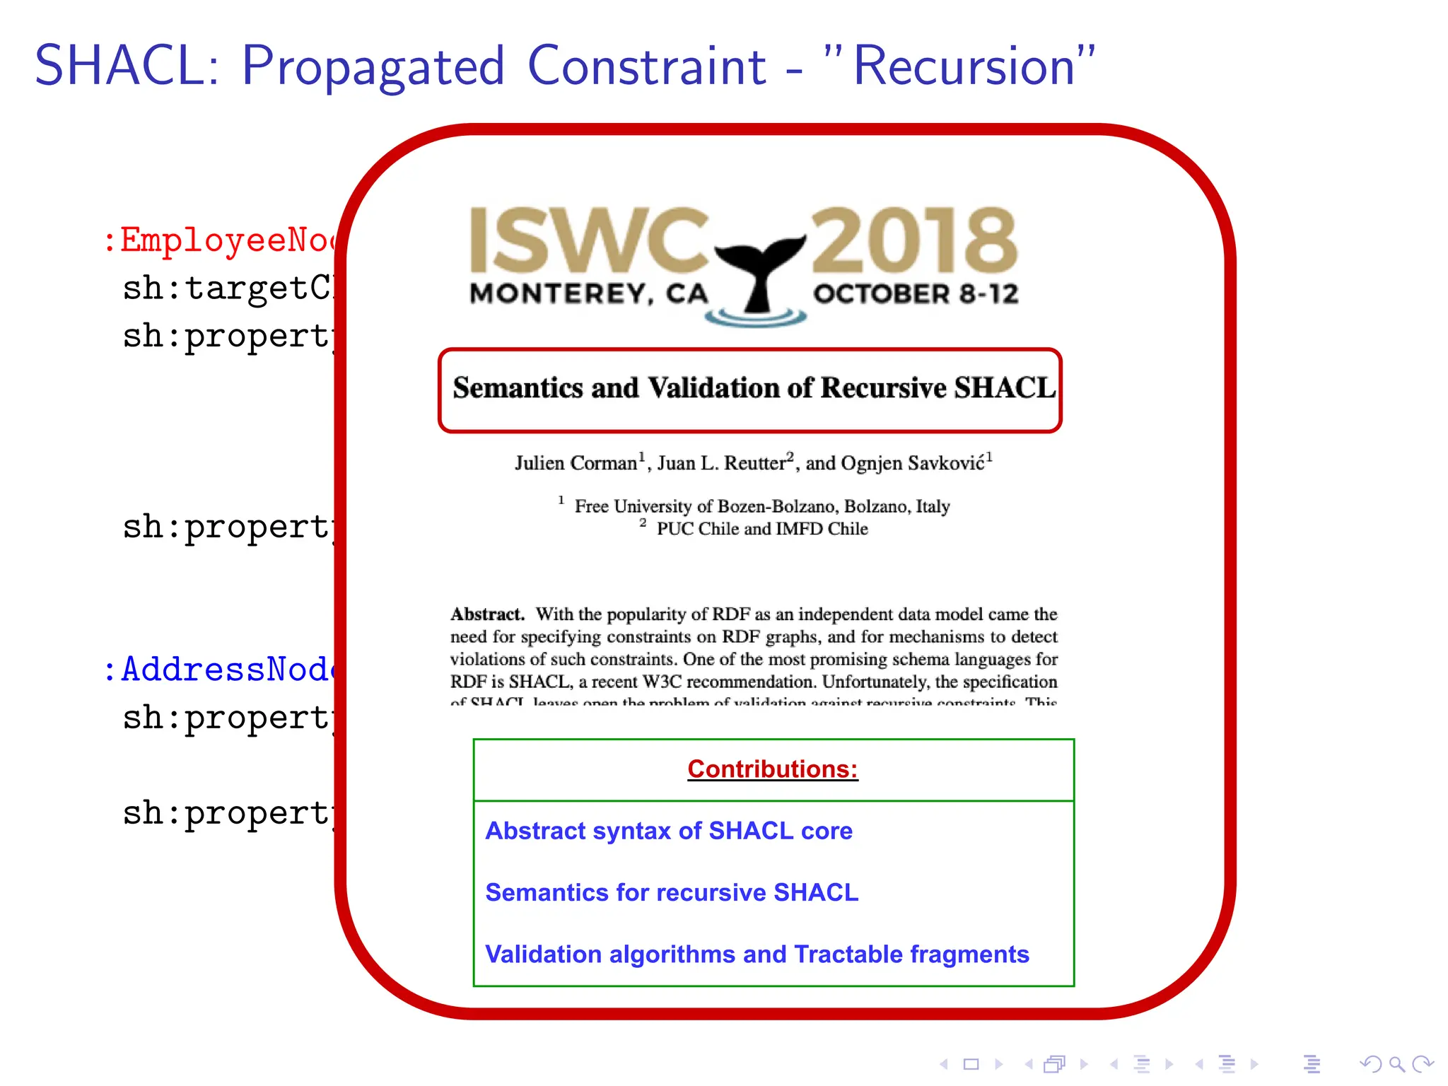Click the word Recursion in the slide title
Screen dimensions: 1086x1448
(x=964, y=66)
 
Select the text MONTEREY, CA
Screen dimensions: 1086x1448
(x=588, y=293)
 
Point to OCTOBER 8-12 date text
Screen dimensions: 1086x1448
(x=916, y=293)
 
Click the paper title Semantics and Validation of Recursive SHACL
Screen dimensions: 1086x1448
(x=754, y=387)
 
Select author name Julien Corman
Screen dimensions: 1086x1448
(x=576, y=463)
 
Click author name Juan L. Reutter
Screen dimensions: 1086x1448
(x=721, y=463)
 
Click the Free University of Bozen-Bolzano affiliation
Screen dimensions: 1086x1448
(x=761, y=506)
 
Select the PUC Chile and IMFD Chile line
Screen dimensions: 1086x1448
(x=761, y=529)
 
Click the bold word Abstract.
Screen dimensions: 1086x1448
(x=487, y=614)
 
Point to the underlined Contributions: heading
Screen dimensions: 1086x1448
(x=772, y=769)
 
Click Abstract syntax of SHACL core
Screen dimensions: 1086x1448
(x=669, y=831)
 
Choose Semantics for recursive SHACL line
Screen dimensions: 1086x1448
(x=672, y=892)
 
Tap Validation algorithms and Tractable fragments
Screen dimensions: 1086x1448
(x=757, y=954)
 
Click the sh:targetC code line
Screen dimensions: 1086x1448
(x=226, y=288)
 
